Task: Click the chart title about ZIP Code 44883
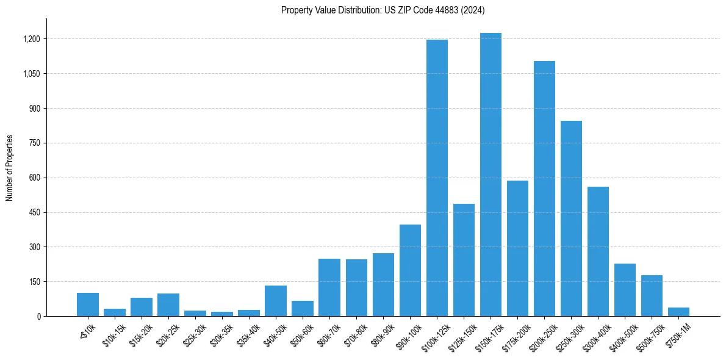coord(383,10)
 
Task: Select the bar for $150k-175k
coord(491,175)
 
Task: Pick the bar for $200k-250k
coord(544,189)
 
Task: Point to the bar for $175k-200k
coord(517,248)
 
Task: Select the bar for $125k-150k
coord(464,260)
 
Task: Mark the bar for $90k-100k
coord(410,270)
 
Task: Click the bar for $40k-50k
coord(276,301)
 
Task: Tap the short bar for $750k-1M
coord(678,312)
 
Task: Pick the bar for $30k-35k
coord(222,314)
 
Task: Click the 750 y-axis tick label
coord(34,143)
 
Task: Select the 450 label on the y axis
coord(34,213)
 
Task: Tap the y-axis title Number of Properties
coord(10,168)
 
